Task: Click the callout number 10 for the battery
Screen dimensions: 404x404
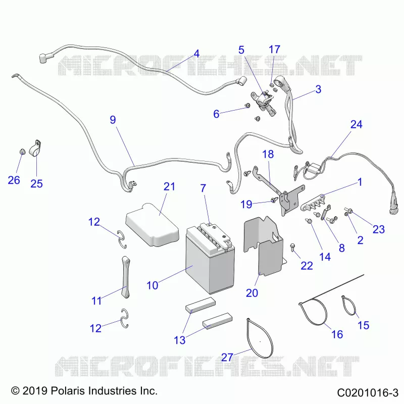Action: click(153, 285)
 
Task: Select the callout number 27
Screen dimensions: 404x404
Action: click(227, 358)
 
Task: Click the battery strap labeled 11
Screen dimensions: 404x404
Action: click(126, 277)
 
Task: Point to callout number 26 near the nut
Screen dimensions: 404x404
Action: click(14, 180)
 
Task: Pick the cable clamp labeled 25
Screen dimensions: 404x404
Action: click(35, 148)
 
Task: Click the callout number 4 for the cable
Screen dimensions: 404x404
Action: click(196, 54)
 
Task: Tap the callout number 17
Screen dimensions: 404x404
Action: click(274, 49)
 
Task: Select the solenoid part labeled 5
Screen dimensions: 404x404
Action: click(263, 102)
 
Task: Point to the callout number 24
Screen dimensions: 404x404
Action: click(357, 124)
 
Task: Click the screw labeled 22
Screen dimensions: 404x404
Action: click(293, 247)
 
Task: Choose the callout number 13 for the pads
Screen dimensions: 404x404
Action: click(180, 340)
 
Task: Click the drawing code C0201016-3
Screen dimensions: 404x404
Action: click(368, 393)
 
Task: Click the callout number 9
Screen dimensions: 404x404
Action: click(113, 120)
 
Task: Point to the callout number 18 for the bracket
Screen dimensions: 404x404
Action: click(268, 155)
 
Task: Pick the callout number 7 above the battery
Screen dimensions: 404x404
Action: click(204, 188)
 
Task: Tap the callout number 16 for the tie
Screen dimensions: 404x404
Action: click(337, 334)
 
